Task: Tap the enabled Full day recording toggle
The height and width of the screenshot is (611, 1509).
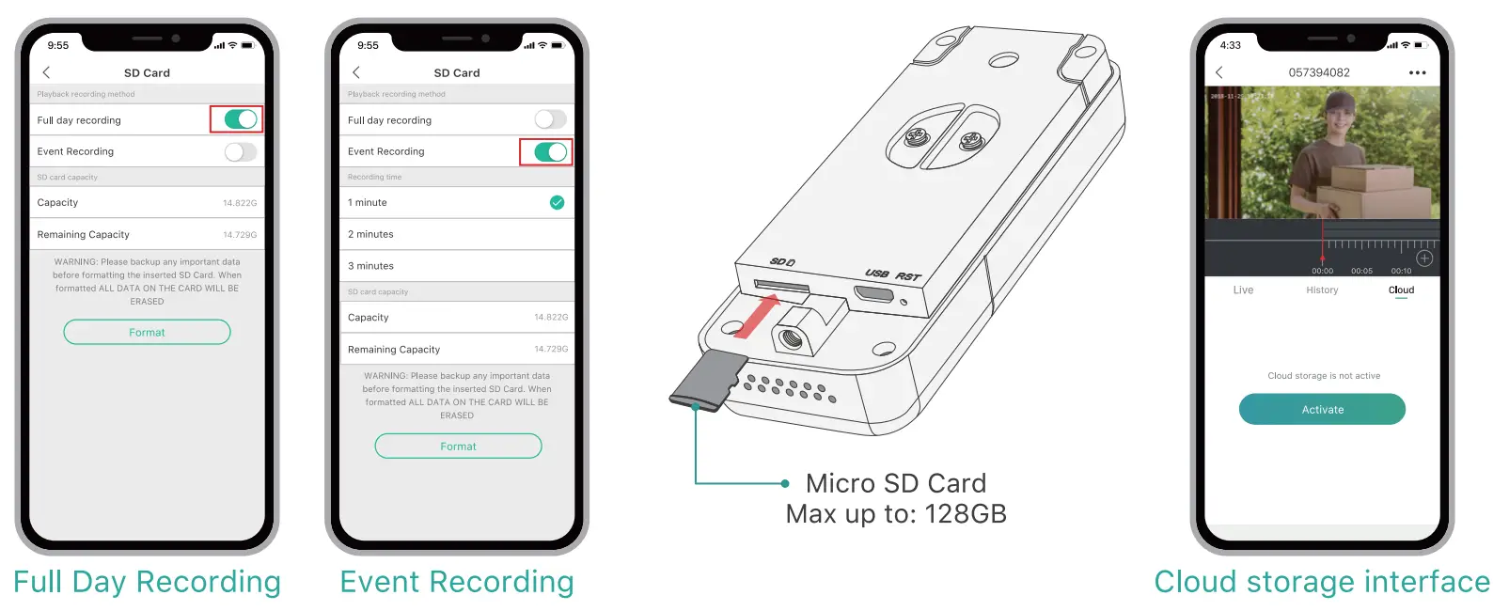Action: tap(241, 119)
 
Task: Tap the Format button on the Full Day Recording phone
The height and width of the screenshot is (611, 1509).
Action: tap(147, 332)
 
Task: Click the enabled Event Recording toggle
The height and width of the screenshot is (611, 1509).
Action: tap(550, 151)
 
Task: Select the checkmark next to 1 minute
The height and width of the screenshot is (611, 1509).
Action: tap(557, 202)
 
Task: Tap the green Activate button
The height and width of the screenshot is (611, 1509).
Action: tap(1322, 409)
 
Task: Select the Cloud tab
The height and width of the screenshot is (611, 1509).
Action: tap(1401, 290)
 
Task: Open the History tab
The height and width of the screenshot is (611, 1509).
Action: tap(1322, 290)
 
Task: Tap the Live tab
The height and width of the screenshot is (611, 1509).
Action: tap(1243, 290)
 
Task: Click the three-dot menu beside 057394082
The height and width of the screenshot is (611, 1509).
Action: tap(1417, 72)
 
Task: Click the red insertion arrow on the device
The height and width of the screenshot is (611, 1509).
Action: tap(758, 316)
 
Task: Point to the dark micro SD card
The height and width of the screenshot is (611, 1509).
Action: tap(709, 380)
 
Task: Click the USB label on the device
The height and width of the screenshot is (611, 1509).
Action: tap(876, 273)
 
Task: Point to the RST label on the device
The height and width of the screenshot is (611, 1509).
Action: tap(908, 276)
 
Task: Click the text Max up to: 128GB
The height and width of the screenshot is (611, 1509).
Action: tap(896, 514)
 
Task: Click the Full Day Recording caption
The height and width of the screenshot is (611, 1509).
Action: tap(147, 582)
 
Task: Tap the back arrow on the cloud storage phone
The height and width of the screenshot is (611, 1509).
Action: tap(1219, 72)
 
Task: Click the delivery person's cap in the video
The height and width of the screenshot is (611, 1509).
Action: tap(1322, 110)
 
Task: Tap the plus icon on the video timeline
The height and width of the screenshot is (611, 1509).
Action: tap(1424, 258)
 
